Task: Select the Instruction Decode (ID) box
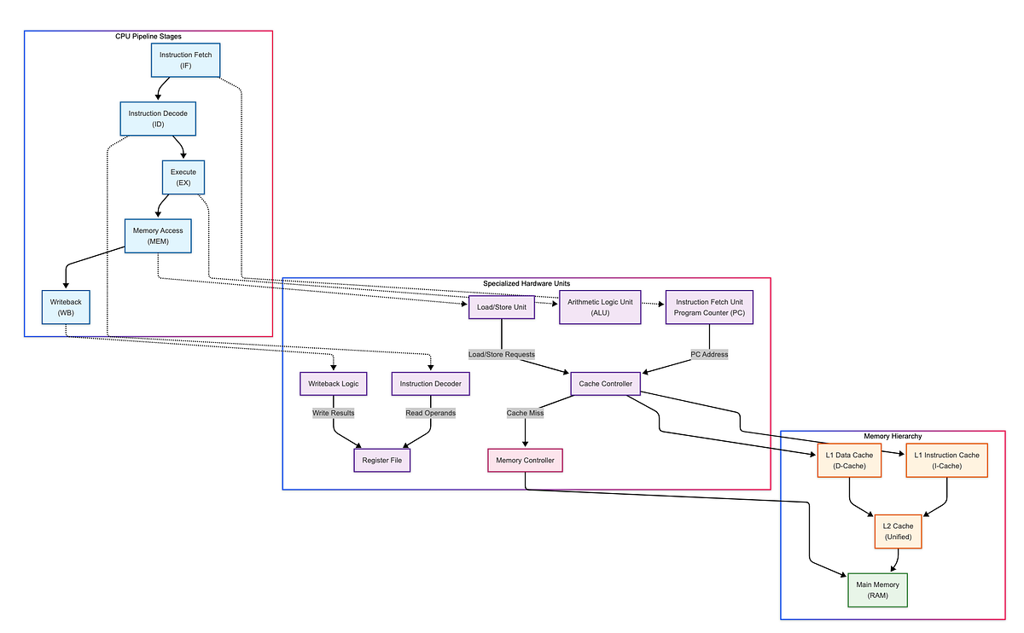coord(158,119)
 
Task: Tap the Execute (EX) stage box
coord(183,177)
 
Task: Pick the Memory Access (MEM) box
coord(157,235)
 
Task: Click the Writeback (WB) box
coord(66,307)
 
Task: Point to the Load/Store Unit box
coord(502,307)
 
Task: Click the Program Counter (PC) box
coord(710,307)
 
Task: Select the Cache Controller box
coord(605,384)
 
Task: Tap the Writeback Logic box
coord(333,384)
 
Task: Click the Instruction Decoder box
coord(430,384)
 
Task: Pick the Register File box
coord(381,461)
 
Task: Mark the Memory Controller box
coord(525,461)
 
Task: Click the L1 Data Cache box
coord(849,461)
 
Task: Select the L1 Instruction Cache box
coord(946,461)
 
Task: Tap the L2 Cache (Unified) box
coord(898,531)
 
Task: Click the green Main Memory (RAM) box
coord(877,589)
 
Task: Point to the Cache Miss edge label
coord(525,413)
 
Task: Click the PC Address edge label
coord(710,354)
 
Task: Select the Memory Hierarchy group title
coord(893,436)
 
